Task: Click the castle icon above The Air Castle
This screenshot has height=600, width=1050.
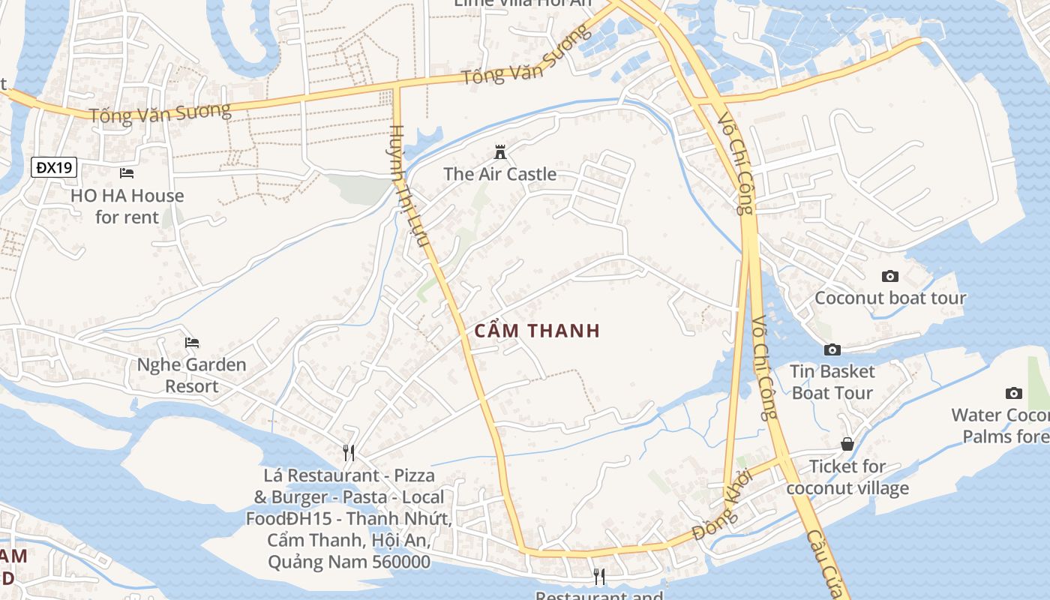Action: coord(500,152)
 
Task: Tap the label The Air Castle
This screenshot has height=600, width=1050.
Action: coord(500,174)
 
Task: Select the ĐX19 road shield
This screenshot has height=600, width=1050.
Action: coord(55,167)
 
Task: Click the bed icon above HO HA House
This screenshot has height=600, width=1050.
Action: coord(127,173)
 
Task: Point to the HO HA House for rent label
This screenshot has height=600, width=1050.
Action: coord(127,206)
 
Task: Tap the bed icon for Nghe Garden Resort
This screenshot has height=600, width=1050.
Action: coord(192,343)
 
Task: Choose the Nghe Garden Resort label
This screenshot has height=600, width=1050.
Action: coord(192,375)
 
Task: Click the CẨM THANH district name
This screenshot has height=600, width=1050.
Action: coord(538,331)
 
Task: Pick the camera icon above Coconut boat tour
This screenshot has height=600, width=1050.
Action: coord(890,276)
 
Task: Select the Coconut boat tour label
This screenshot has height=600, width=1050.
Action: coord(890,298)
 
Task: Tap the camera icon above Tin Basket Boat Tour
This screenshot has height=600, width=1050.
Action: coord(832,349)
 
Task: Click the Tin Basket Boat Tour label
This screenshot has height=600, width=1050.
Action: coord(832,382)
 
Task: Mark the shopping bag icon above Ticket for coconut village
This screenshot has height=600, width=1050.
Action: coord(847,444)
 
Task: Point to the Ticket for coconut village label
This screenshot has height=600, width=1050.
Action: coord(847,477)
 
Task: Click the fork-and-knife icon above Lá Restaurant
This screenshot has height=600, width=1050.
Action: coord(349,452)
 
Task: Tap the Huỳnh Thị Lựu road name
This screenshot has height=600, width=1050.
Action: coord(409,185)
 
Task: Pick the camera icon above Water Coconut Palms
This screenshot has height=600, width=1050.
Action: coord(1014,393)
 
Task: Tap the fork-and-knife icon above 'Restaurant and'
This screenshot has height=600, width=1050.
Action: coord(598,576)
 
